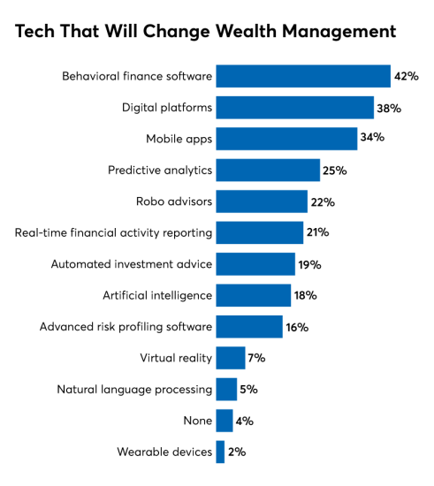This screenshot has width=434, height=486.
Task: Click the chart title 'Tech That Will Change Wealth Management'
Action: [205, 33]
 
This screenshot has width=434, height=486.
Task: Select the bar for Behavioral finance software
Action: [303, 77]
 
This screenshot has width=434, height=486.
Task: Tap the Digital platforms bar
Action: [294, 108]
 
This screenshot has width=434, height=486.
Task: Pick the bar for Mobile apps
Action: [286, 139]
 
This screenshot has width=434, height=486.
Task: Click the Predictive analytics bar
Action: [268, 171]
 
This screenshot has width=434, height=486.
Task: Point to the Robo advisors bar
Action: [262, 201]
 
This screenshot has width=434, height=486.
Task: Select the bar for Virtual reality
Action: [231, 358]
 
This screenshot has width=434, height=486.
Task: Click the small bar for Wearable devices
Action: [220, 452]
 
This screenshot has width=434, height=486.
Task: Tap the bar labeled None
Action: [225, 421]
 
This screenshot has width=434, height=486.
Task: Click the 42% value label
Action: [406, 77]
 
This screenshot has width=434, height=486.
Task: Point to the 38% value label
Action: [389, 108]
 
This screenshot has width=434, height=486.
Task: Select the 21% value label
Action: [318, 232]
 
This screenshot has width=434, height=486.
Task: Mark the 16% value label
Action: [297, 327]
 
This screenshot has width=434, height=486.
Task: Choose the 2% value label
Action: [237, 452]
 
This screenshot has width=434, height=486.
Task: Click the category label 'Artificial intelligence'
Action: [156, 295]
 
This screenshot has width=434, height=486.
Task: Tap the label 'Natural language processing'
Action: [134, 389]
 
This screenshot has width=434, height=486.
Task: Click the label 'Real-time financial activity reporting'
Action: [114, 232]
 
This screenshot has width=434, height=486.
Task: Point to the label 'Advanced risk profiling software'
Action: [126, 327]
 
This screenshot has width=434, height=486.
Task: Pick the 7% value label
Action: [257, 358]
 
